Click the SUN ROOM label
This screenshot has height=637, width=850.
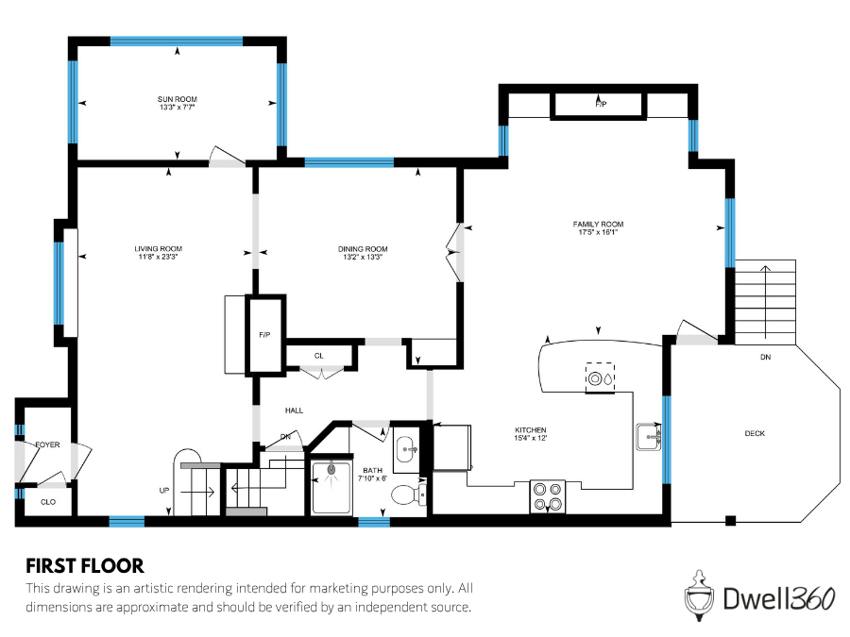178,98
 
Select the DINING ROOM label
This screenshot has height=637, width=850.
363,249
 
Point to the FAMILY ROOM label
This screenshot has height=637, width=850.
598,224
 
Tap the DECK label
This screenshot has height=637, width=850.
755,433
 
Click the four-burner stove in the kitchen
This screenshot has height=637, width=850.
547,496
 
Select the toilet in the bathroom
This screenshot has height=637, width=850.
407,494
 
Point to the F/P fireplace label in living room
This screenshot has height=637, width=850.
264,335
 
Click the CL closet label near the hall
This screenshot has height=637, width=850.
319,356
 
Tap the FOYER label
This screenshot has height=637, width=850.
47,444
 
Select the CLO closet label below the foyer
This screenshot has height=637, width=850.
47,502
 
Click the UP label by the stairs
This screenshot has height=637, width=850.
165,491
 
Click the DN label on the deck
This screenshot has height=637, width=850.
764,358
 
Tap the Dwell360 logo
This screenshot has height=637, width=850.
751,596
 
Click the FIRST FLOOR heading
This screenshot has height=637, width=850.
85,566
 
